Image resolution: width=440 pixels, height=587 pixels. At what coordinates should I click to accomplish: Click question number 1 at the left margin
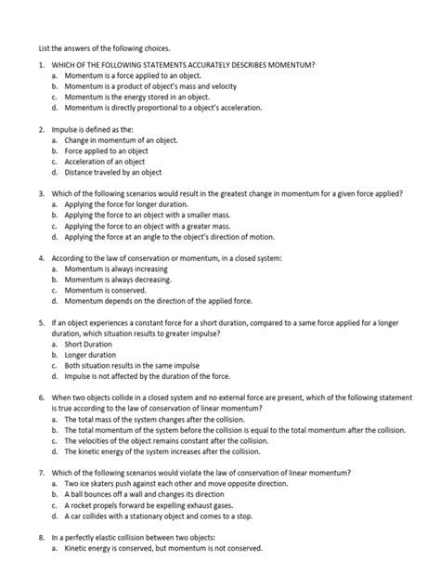click(x=40, y=64)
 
